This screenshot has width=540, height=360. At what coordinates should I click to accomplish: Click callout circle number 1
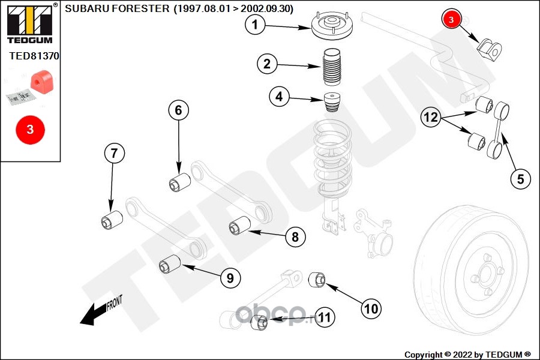(255, 25)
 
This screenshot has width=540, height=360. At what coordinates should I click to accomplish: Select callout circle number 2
(268, 64)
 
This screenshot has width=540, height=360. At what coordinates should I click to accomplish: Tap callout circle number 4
(280, 96)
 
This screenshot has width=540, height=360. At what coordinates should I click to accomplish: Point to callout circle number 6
(178, 110)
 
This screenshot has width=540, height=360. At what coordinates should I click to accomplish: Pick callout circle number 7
(114, 154)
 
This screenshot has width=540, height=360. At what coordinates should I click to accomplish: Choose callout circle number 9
(230, 278)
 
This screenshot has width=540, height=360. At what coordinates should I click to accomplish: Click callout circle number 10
(371, 308)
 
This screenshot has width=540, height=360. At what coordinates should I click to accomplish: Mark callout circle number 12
(431, 118)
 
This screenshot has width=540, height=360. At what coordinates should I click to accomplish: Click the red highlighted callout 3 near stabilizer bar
(451, 19)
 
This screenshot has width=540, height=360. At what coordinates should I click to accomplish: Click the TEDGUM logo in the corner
(30, 24)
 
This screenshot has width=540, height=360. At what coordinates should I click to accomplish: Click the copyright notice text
(467, 354)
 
